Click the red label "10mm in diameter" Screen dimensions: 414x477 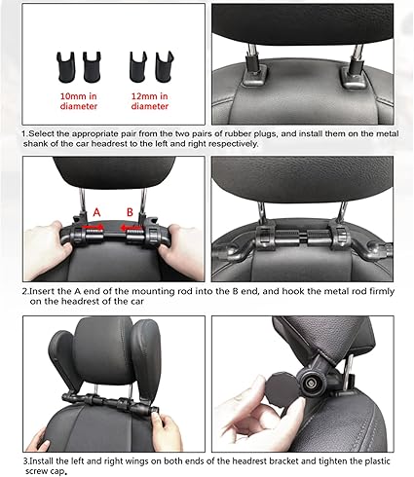tap(79, 101)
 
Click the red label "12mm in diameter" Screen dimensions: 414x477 tap(150, 101)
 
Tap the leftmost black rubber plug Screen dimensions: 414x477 tap(66, 66)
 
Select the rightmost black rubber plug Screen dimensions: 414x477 tap(165, 66)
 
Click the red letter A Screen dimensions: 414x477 tap(96, 212)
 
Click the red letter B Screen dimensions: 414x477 tap(130, 212)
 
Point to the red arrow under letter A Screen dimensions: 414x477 tap(93, 227)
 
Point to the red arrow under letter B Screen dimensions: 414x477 tap(131, 229)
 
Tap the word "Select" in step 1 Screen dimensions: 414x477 tap(42, 133)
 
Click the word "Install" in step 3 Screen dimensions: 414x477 tap(42, 461)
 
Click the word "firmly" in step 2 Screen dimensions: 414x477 tap(382, 291)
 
